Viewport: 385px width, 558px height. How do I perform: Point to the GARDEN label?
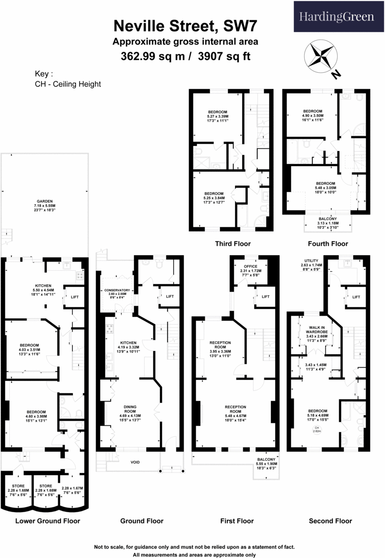[x=45, y=201]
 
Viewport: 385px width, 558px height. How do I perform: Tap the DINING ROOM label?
[x=130, y=409]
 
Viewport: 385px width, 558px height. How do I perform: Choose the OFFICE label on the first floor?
[x=250, y=266]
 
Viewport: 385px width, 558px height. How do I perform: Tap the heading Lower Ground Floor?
[x=47, y=521]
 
